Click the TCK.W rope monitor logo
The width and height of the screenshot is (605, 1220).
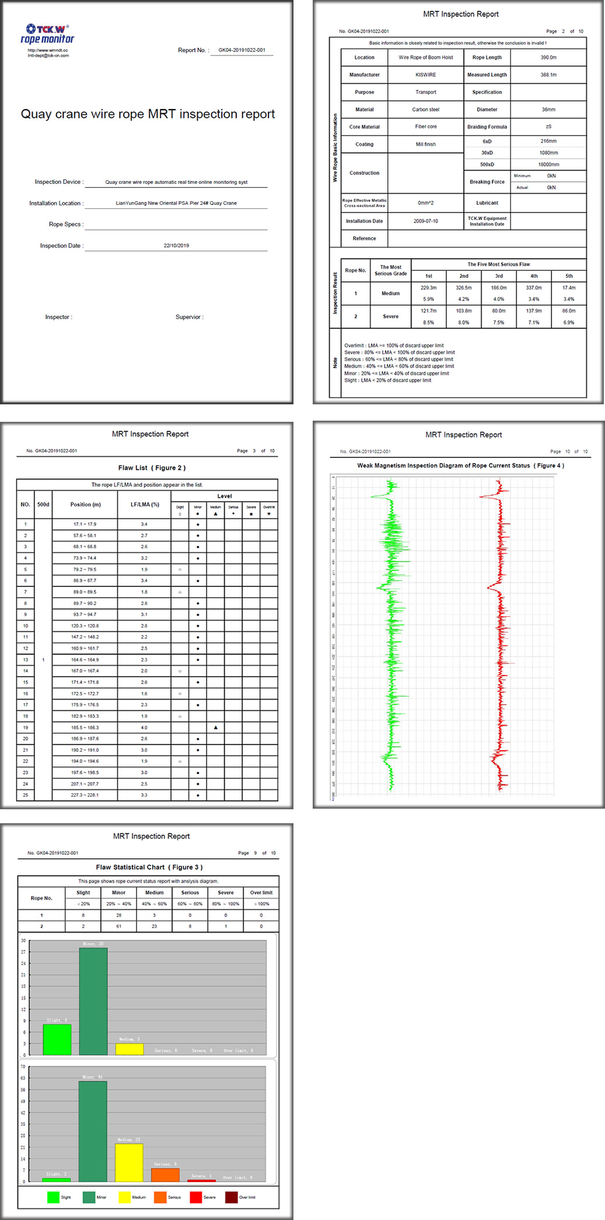[x=47, y=34]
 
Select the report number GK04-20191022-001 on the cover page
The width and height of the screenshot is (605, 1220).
[x=242, y=50]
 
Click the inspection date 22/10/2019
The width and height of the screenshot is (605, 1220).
[x=176, y=246]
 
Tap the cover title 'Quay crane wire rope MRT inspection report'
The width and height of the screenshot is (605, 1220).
[x=148, y=114]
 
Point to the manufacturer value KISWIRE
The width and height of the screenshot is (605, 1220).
[x=425, y=75]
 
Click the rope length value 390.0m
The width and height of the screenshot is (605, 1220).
[x=548, y=58]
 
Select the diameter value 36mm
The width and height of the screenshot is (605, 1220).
[x=548, y=110]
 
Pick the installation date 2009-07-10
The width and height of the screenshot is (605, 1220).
[x=425, y=221]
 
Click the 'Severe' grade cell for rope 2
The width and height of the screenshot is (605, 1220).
[x=390, y=316]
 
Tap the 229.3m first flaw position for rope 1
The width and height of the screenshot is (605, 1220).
[x=428, y=288]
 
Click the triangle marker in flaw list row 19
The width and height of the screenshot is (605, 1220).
[x=216, y=728]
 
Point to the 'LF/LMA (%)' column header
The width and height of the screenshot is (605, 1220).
[x=145, y=505]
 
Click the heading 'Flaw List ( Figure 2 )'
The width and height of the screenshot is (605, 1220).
[x=152, y=468]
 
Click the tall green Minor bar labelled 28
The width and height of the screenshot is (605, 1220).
[x=93, y=1001]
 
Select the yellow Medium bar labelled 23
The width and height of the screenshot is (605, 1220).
[x=129, y=1162]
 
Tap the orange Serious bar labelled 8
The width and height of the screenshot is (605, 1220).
[x=165, y=1174]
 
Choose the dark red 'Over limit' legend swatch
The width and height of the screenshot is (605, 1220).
[x=232, y=1197]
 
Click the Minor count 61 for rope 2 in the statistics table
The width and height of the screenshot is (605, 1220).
[x=118, y=927]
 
